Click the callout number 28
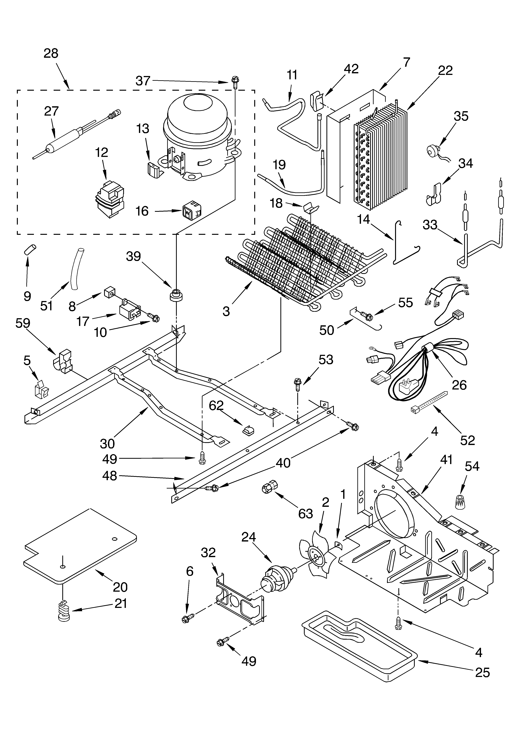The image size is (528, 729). [x=51, y=53]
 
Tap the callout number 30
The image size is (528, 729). [x=107, y=444]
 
